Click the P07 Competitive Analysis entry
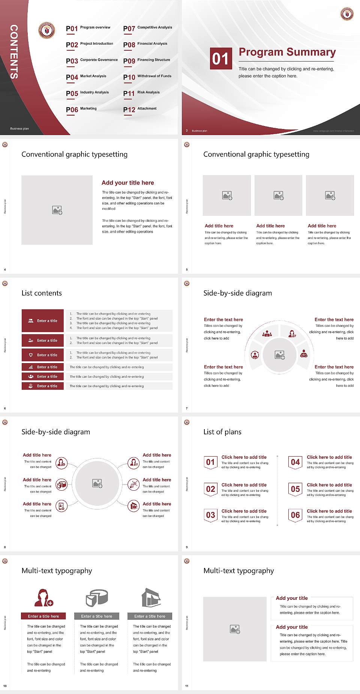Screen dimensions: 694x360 (147, 28)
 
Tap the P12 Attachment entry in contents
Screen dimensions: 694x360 (140, 109)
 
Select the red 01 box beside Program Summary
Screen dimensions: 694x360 (220, 59)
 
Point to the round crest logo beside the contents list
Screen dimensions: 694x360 (47, 30)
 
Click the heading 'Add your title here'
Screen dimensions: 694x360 (127, 183)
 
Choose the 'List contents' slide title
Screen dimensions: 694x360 (42, 293)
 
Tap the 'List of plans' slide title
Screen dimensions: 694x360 (222, 432)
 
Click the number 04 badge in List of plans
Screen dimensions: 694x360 (295, 462)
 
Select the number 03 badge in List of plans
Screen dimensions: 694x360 (210, 515)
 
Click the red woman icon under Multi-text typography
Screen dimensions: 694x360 (43, 598)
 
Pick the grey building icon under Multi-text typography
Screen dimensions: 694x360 (151, 598)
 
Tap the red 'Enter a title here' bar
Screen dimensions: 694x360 (43, 616)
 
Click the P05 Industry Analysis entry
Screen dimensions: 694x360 (87, 93)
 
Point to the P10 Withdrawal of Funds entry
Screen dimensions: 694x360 (147, 77)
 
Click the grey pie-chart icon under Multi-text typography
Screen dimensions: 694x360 (97, 598)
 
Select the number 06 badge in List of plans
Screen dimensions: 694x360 (295, 515)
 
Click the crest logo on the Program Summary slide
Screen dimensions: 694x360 (347, 14)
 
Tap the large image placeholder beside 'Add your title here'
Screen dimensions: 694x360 (57, 210)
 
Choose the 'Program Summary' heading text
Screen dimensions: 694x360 (287, 52)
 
